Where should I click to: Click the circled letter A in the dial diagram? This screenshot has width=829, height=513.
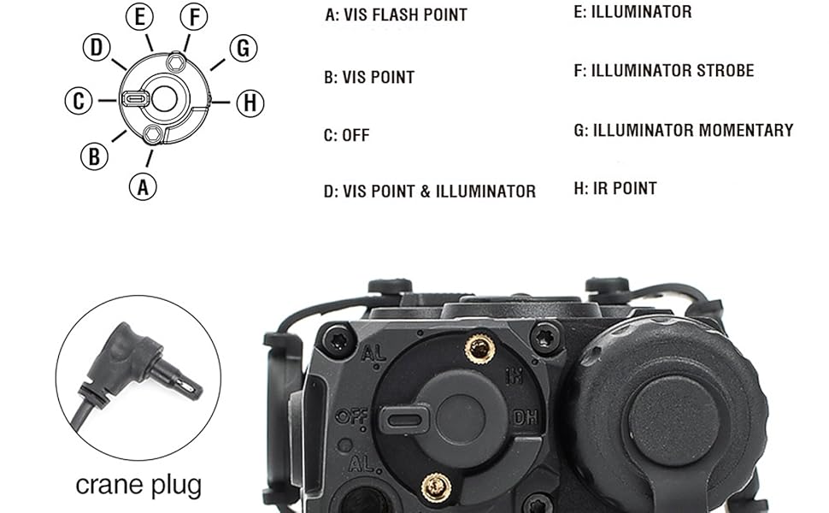pos(143,186)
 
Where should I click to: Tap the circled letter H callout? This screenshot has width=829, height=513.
pos(250,103)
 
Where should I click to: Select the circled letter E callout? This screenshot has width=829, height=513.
pos(139,16)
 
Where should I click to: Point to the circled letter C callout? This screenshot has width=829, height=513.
pos(79,102)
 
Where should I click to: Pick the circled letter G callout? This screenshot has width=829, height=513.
pos(244,49)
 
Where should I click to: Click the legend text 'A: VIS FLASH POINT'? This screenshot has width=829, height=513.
pos(396,15)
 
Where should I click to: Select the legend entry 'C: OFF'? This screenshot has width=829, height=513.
pos(346,135)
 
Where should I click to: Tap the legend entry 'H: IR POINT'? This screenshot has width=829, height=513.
pos(615,188)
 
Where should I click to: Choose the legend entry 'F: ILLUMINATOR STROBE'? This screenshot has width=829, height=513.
pos(663,70)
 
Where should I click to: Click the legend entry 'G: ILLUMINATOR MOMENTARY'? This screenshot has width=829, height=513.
pos(684,130)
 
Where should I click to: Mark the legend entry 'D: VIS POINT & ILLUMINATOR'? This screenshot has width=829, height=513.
pos(429,192)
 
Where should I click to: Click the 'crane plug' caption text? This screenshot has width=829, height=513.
pos(138,486)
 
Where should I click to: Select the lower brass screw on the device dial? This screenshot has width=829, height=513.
pos(437,487)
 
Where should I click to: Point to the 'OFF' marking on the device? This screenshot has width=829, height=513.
pos(350,417)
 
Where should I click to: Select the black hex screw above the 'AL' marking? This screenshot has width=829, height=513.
pos(338,340)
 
